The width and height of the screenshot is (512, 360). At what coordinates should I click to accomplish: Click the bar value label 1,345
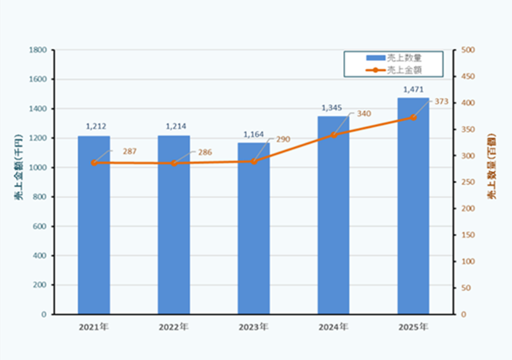point(333,107)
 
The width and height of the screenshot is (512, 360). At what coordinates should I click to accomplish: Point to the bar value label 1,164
point(253,134)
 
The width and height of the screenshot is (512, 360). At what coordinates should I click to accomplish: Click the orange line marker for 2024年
point(333,135)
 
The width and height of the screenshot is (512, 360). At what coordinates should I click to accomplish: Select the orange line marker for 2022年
point(174,163)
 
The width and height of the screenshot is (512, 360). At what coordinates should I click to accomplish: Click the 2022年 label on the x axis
point(174,327)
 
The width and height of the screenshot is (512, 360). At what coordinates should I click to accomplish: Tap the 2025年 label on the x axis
point(413,327)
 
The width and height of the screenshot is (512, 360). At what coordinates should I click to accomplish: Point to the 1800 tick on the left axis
point(38,50)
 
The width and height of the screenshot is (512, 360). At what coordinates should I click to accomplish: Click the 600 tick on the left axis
point(40,226)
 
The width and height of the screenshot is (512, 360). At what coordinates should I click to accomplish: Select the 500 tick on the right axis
point(467,50)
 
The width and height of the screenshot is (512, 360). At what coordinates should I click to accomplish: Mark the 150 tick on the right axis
point(467,235)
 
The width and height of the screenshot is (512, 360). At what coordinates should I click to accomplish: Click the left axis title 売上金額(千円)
point(19,168)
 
